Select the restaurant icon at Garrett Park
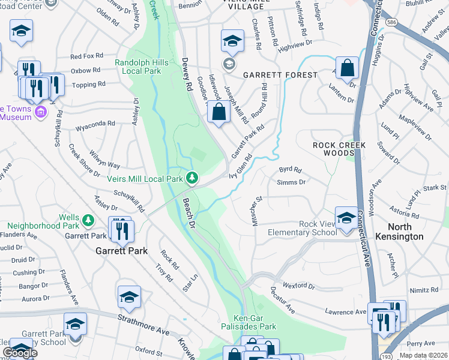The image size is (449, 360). (122, 230)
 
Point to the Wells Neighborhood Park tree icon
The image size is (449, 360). (88, 220)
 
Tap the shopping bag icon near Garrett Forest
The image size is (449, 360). (348, 69)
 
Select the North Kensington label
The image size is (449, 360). (414, 232)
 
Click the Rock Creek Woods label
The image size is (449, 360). (334, 149)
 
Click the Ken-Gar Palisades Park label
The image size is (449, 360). (255, 322)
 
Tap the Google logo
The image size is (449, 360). (20, 353)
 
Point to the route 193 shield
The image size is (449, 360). (382, 355)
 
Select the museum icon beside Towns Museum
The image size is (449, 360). (41, 112)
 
